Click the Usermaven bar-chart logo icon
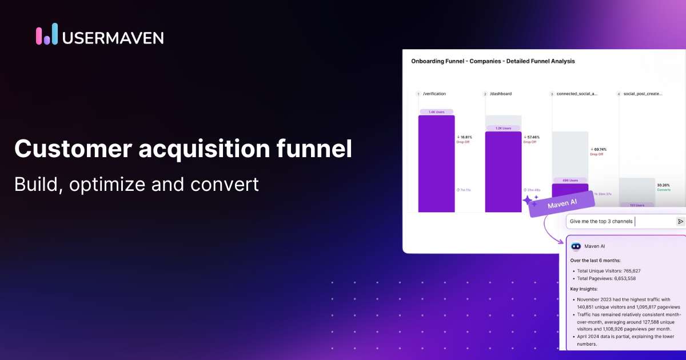click(x=47, y=34)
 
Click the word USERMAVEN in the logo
click(x=114, y=38)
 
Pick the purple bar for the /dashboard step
click(x=503, y=171)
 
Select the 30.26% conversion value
click(x=664, y=185)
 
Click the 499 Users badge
click(x=569, y=180)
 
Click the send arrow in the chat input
click(x=680, y=221)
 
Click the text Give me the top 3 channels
click(x=601, y=221)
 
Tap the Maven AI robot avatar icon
click(x=576, y=246)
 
